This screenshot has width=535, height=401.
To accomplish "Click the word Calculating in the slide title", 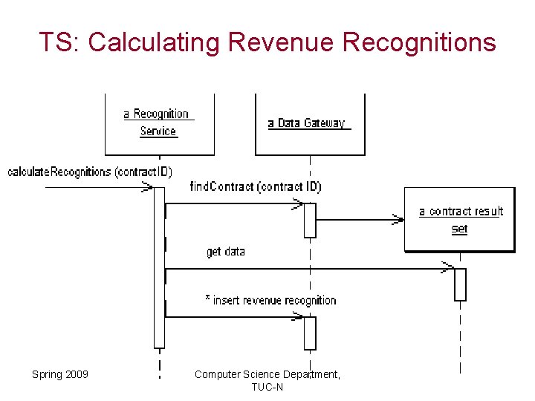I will point(154,42).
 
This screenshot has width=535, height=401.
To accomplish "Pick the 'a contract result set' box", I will point(459,220).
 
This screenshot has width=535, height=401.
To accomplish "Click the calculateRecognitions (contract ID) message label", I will point(89,172).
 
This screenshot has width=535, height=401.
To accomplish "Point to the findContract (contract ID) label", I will point(255,186).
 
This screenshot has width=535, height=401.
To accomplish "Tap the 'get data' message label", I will point(225,252).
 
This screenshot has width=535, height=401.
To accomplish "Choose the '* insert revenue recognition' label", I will point(270,300).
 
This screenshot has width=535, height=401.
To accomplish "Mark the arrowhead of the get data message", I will point(448,268).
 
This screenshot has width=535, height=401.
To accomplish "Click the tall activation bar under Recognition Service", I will point(159,267).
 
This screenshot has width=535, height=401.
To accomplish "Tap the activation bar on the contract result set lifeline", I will point(460,284).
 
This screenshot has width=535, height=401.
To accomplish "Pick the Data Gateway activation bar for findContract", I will point(310,220).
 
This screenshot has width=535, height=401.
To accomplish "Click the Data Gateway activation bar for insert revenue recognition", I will point(310,333).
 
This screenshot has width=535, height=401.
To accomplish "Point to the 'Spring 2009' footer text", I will point(59,374).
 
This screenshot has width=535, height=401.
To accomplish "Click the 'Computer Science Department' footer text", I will point(267,374).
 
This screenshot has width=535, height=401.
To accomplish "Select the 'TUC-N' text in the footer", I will point(267,387).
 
